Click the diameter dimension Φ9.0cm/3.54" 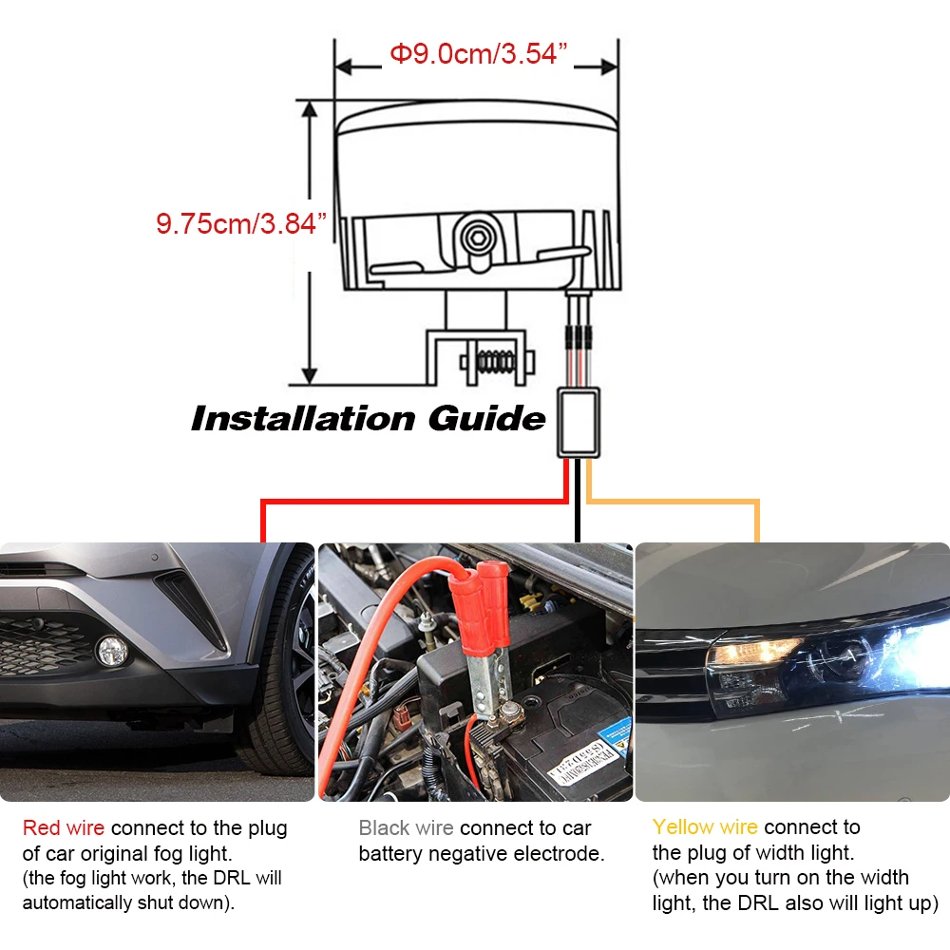coord(478,54)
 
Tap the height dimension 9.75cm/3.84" coord(241,223)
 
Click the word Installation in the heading coord(303,419)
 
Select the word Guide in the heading coord(486,419)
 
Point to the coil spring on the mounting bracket coord(496,362)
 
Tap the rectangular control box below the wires coord(579,423)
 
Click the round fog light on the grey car coord(112,652)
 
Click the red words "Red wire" coord(64,827)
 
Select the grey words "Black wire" coord(406,827)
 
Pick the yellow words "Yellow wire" coord(705,827)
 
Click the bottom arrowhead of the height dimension coord(309,375)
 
